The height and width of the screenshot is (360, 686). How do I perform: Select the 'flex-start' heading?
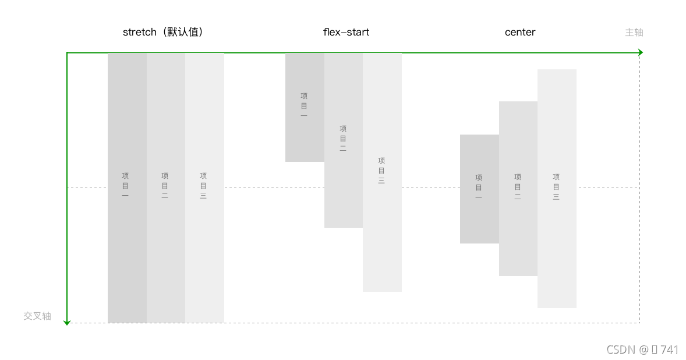coord(346,32)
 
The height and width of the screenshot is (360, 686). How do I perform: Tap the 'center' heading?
coord(519,32)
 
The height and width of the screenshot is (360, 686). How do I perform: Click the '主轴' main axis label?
coord(634,33)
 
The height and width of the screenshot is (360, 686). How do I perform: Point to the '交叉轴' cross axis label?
coord(37,316)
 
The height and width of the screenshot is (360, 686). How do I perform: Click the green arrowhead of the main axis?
coord(640,52)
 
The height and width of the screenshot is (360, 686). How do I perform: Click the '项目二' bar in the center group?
coord(518,233)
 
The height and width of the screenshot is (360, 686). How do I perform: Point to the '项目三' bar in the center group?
coord(557,245)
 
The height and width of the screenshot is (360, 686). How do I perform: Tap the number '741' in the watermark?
coord(669,350)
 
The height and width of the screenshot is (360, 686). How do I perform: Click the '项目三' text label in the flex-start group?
coord(381,171)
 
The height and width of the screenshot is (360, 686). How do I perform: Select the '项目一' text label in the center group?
coord(479,187)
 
